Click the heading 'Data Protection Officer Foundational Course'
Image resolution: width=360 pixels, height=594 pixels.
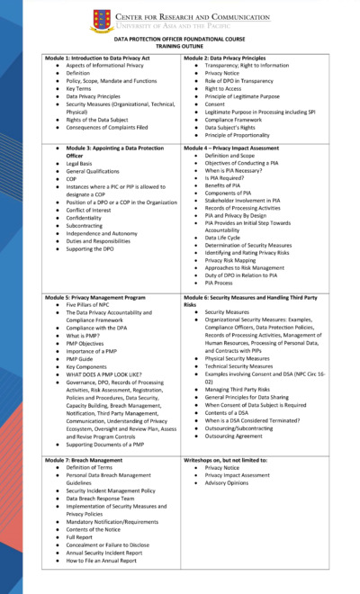[x=180, y=40]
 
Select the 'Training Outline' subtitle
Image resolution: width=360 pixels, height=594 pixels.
[x=180, y=48]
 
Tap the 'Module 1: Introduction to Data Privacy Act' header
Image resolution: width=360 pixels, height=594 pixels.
[x=100, y=58]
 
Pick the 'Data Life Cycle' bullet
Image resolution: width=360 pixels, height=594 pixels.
[x=229, y=238]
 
